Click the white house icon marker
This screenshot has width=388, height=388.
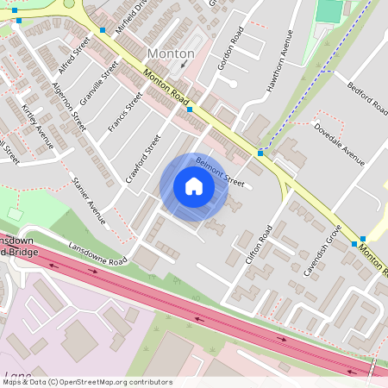(x=194, y=186)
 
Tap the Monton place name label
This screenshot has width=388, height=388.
(x=171, y=53)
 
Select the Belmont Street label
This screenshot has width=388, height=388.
(x=220, y=171)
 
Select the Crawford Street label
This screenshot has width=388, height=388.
(x=143, y=155)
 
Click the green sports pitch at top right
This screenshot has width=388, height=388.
(x=329, y=10)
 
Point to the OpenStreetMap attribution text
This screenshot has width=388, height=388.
(x=86, y=382)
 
